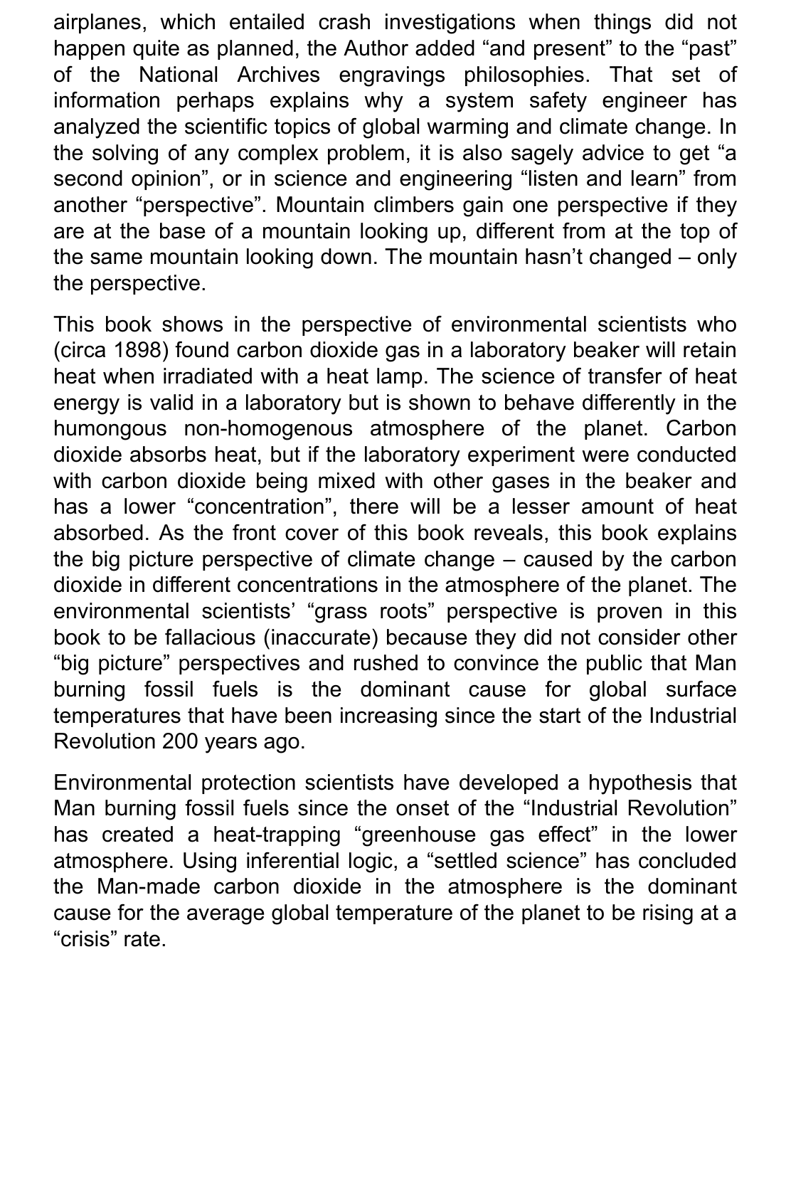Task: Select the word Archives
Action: tap(278, 75)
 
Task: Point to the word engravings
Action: tap(391, 75)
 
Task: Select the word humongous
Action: tap(110, 429)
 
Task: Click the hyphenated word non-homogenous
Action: tap(268, 429)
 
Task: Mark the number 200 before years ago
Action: tap(180, 741)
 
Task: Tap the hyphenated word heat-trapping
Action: tap(277, 835)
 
